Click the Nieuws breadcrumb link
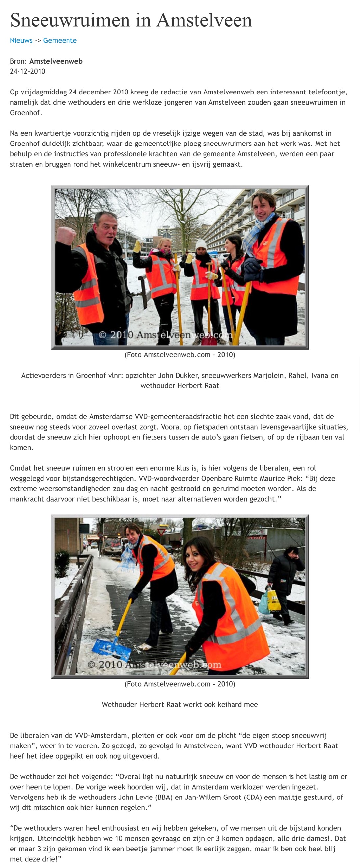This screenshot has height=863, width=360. pos(21,40)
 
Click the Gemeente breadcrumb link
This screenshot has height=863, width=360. pos(60,40)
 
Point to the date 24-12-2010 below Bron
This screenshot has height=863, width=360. pos(27,71)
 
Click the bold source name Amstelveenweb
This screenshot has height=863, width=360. pos(56,61)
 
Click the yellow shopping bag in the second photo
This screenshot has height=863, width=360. pos(273,601)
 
